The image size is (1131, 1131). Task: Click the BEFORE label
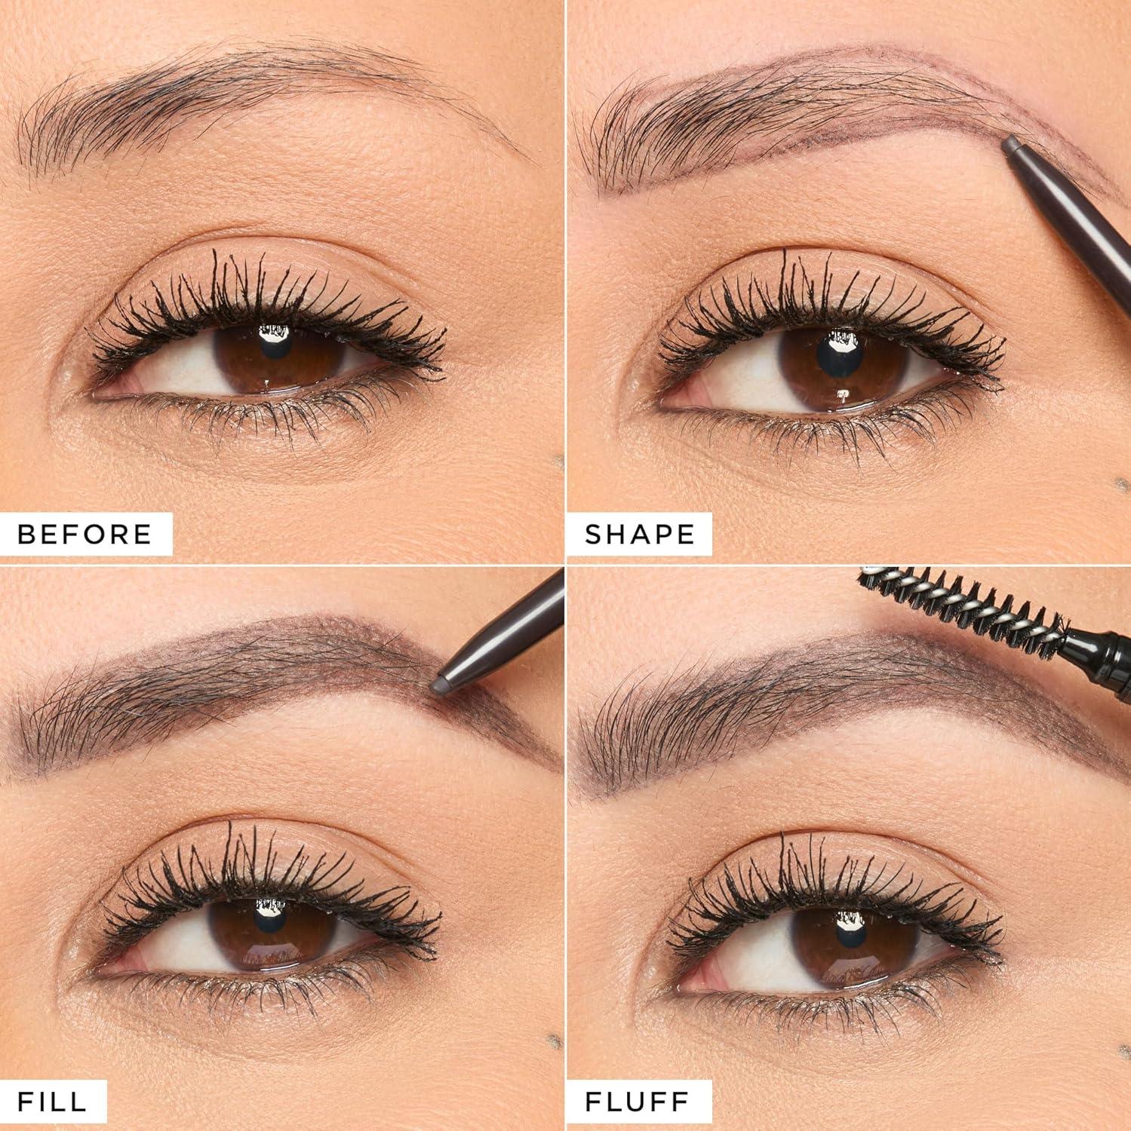85,534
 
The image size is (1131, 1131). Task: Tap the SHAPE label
640,534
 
